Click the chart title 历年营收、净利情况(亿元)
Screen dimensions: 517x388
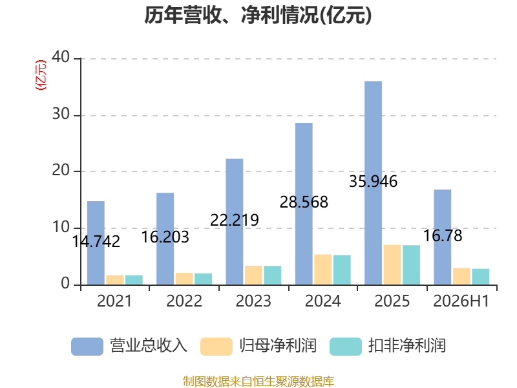tap(258, 15)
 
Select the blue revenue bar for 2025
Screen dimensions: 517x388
tap(374, 183)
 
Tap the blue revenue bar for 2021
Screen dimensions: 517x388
tap(96, 243)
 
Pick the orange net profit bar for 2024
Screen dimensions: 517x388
tap(322, 270)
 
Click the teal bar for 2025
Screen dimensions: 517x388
tap(411, 265)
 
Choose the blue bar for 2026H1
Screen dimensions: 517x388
tap(443, 237)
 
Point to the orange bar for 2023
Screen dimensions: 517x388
tap(253, 275)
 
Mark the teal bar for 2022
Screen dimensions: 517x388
tap(203, 279)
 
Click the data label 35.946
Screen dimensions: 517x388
tap(374, 182)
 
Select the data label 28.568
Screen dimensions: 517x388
tap(304, 202)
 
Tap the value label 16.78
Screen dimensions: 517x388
tap(443, 235)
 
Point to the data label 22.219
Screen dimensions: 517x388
tap(235, 220)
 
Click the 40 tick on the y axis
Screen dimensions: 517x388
tap(61, 57)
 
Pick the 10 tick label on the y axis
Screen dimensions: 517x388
tap(61, 227)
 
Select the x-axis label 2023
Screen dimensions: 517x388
tap(253, 301)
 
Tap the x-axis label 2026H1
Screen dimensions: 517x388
tap(461, 301)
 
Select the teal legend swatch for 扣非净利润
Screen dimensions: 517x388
tap(346, 347)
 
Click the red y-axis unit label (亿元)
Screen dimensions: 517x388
tap(41, 75)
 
